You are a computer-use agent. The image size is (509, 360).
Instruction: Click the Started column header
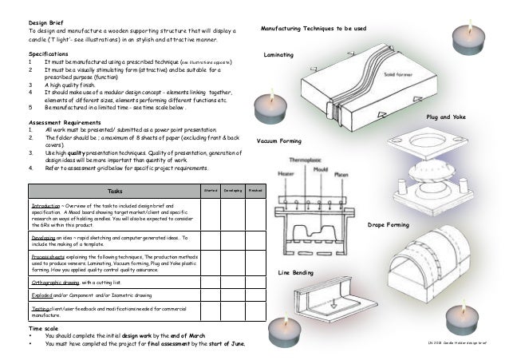(211, 190)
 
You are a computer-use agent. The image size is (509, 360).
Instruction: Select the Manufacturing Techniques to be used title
(314, 29)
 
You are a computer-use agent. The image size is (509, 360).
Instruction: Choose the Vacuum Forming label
(279, 140)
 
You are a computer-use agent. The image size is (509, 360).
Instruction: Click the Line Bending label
(294, 274)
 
